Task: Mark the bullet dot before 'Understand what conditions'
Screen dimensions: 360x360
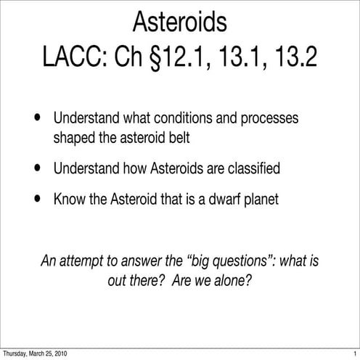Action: tap(37, 119)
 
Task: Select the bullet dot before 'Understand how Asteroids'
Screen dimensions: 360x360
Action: tap(37, 168)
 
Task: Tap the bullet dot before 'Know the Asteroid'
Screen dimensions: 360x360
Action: tap(37, 199)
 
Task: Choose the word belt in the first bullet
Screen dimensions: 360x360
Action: tap(181, 137)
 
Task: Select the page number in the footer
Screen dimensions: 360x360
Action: tap(354, 354)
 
